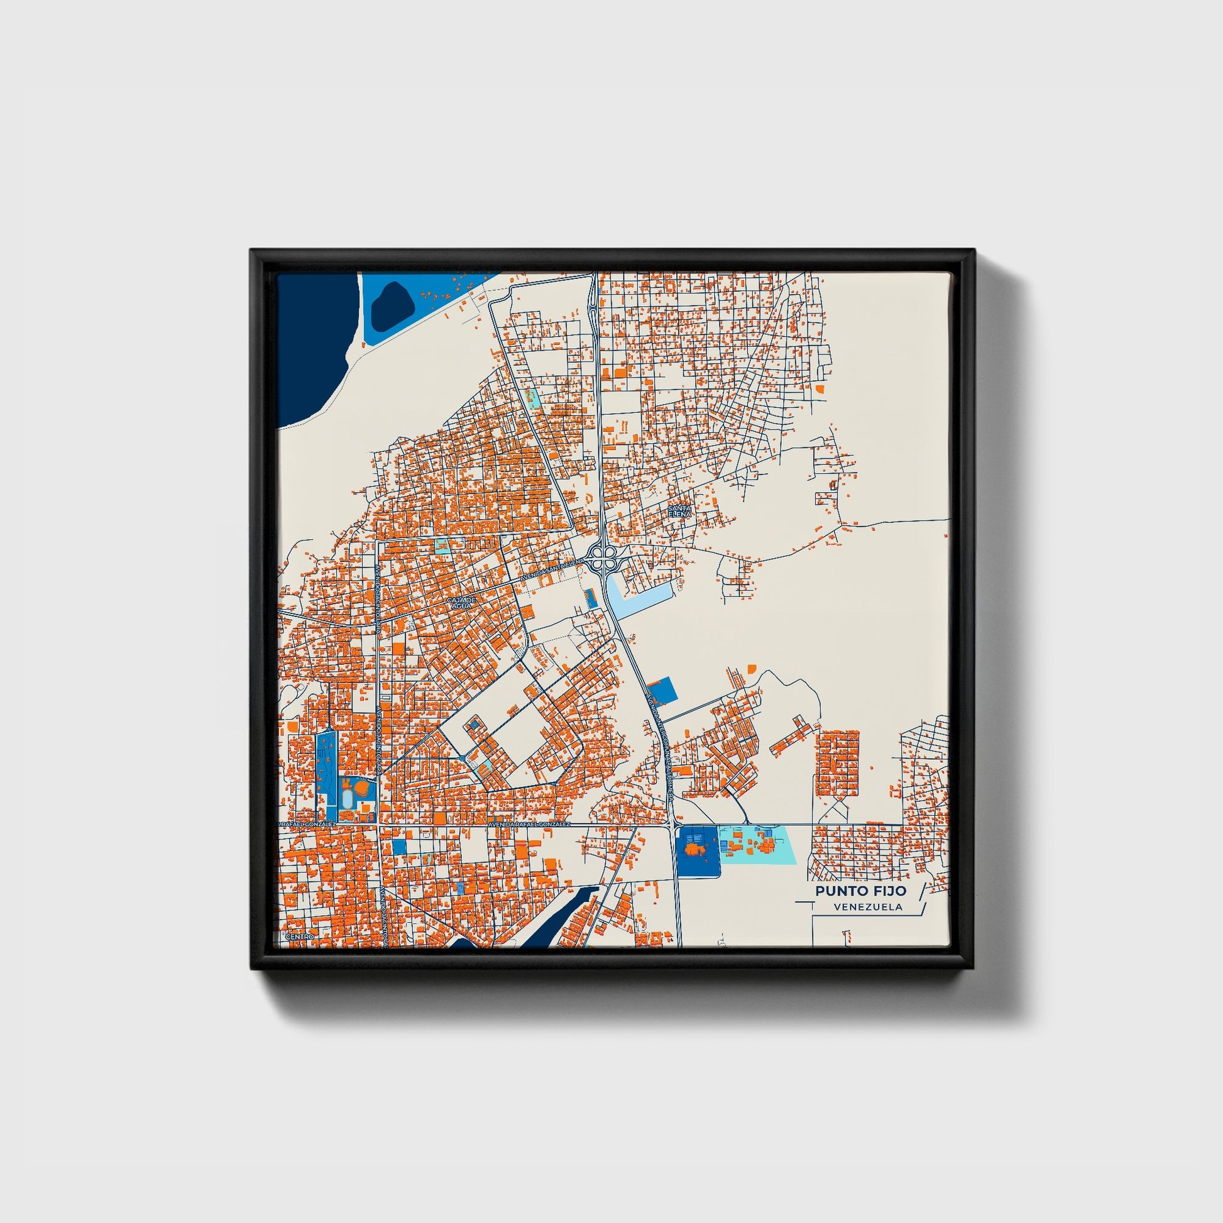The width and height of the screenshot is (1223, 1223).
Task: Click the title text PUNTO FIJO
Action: pos(860,891)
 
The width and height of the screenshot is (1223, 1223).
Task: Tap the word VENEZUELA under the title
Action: pos(868,907)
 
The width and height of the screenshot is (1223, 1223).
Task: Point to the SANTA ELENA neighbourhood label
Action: pos(680,511)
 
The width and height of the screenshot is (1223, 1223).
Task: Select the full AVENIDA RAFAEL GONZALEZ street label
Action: pos(529,825)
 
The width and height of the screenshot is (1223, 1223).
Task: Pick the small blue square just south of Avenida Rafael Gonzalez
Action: pos(399,847)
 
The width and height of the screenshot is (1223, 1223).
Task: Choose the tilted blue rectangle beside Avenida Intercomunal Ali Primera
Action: pos(663,689)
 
